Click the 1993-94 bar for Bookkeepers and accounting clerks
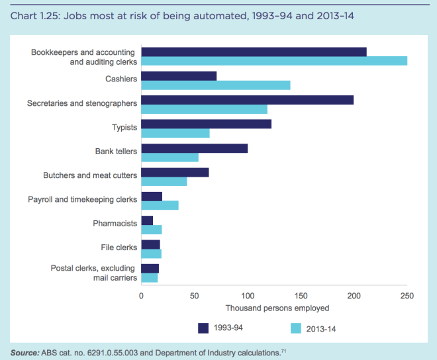click(254, 52)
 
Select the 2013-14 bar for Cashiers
click(216, 85)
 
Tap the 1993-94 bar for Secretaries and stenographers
click(247, 100)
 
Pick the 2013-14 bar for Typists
click(175, 133)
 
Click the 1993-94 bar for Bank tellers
click(194, 148)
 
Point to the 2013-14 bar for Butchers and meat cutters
click(164, 181)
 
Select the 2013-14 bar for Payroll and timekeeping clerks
click(160, 205)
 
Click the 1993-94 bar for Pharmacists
click(147, 220)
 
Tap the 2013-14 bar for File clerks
click(152, 253)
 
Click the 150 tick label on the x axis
click(301, 296)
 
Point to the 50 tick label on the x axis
click(195, 296)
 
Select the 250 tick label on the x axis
click(407, 296)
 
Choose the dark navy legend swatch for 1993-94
click(204, 328)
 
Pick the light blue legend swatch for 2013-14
click(297, 328)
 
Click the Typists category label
click(124, 128)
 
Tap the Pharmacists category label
click(115, 224)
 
